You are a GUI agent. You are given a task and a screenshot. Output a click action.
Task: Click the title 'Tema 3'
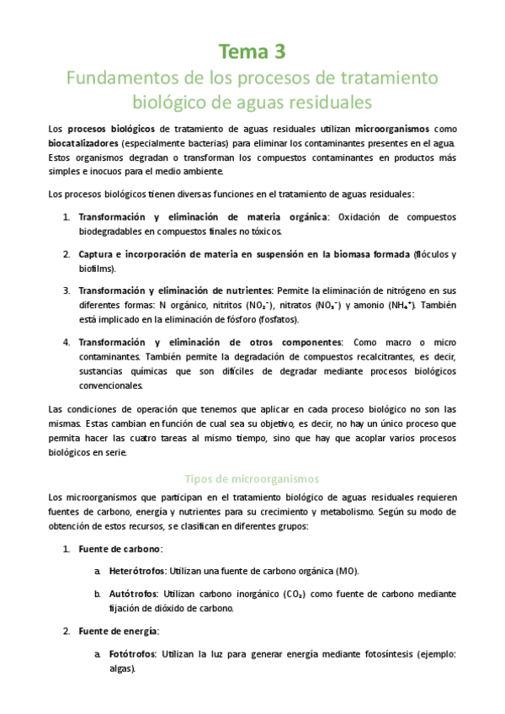tap(252, 52)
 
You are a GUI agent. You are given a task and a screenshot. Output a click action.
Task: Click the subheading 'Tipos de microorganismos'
tap(252, 477)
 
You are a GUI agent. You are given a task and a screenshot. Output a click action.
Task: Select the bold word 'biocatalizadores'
tap(83, 143)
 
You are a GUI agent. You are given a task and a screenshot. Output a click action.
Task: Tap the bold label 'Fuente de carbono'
tap(114, 549)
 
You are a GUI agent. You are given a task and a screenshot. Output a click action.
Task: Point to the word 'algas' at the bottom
tap(122, 668)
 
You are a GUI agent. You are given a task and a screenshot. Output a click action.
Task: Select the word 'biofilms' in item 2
tap(96, 269)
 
